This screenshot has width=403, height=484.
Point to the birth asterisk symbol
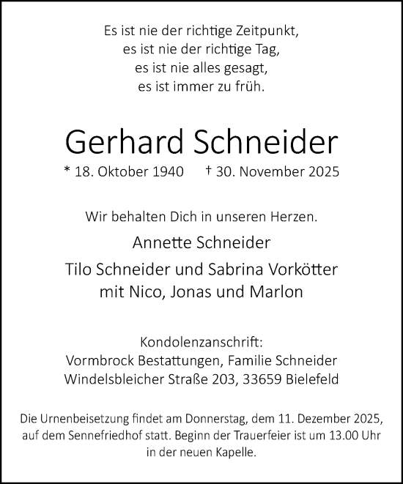click(x=67, y=173)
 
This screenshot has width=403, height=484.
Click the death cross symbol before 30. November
click(x=210, y=173)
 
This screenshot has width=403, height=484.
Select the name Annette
click(x=160, y=243)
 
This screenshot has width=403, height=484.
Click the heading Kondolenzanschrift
click(x=201, y=343)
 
